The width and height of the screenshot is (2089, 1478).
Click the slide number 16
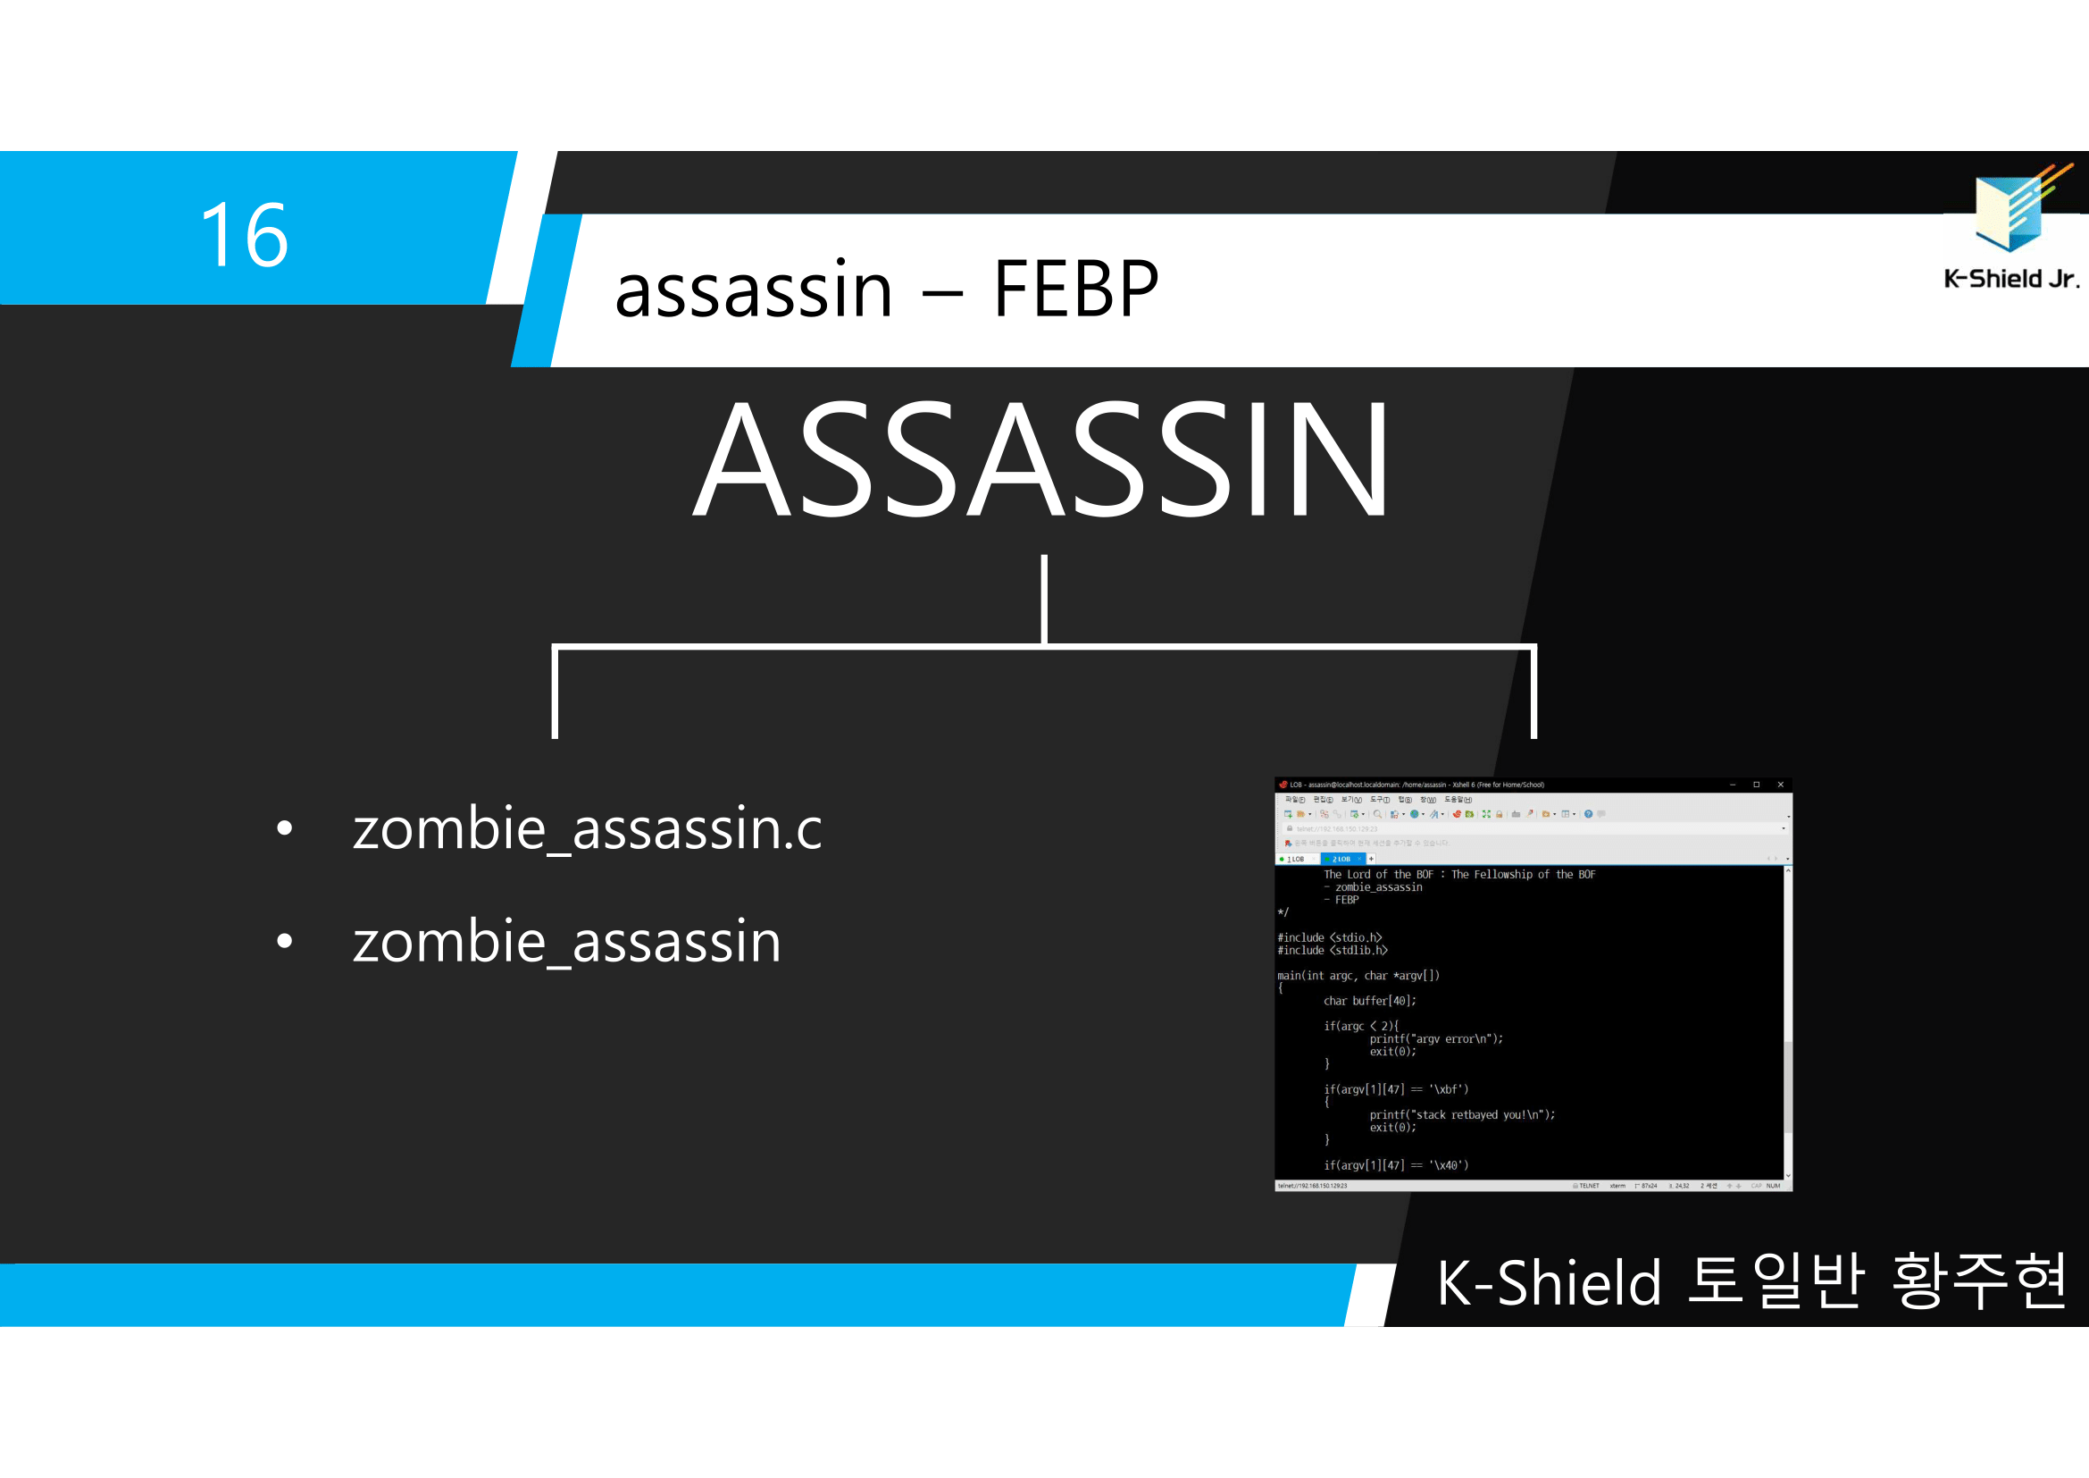coord(244,235)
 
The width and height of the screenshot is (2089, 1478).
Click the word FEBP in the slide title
coord(1075,290)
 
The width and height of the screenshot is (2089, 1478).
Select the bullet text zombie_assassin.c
coord(587,829)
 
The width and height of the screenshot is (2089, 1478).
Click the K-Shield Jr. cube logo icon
coord(2013,208)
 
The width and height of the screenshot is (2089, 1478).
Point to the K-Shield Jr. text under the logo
coord(2010,279)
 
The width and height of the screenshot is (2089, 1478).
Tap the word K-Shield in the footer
coord(1549,1283)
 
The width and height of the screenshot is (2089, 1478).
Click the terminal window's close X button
coord(1781,785)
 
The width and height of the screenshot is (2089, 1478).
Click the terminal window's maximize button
coord(1757,785)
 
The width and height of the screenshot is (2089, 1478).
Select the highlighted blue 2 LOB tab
coord(1342,859)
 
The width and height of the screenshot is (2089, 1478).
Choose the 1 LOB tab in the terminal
coord(1296,859)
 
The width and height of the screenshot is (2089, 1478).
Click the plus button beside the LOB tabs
coord(1371,859)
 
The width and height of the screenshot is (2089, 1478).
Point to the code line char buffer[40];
coord(1369,1001)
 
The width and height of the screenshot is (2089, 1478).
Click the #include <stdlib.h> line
coord(1332,950)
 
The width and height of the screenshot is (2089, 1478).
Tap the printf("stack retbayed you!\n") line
coord(1462,1115)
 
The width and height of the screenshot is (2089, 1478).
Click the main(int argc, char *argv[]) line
coord(1358,976)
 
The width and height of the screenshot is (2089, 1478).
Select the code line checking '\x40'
coord(1396,1165)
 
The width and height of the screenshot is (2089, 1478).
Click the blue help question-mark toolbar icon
coord(1589,815)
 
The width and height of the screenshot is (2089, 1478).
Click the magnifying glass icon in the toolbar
coord(1377,815)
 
